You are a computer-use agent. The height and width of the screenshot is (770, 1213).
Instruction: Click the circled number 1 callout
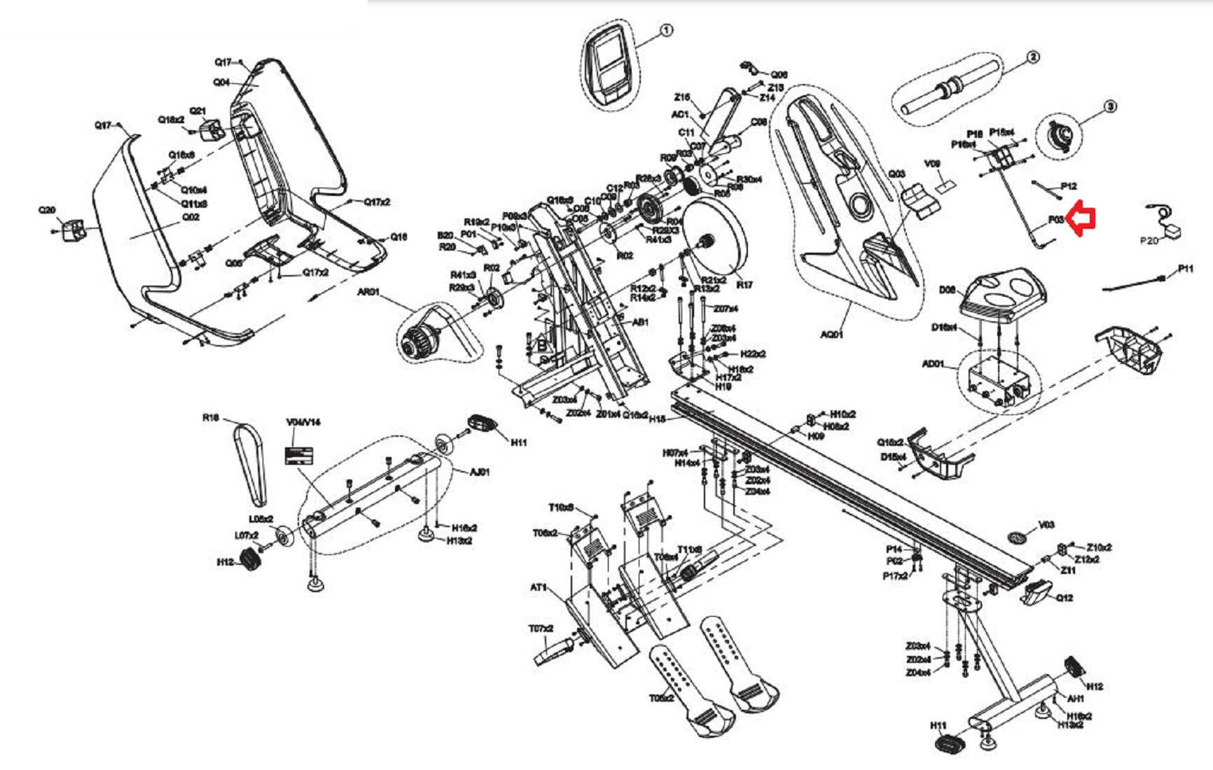(666, 30)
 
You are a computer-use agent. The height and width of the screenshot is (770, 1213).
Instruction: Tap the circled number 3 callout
(1109, 107)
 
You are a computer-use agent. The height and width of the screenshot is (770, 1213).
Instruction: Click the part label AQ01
(831, 335)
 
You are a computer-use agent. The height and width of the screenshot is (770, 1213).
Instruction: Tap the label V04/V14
(303, 422)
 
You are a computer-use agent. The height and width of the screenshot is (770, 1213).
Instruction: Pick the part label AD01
(933, 364)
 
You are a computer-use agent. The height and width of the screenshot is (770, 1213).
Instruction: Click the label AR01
(368, 292)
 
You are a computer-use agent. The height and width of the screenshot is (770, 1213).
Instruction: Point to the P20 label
(1149, 241)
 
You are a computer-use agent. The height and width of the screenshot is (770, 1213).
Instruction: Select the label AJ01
(480, 472)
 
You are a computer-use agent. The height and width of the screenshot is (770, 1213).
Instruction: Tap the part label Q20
(47, 210)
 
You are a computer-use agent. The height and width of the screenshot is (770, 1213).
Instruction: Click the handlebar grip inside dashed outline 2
(950, 87)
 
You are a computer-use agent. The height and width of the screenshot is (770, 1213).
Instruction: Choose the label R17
(744, 285)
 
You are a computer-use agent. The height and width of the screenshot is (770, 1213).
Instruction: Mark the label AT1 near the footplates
(538, 587)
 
